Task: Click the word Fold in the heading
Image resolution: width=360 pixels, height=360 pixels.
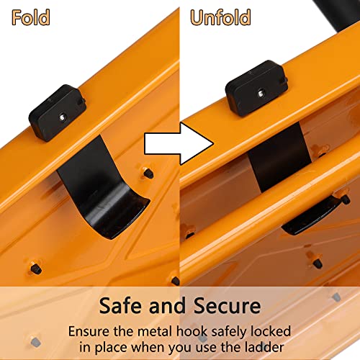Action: pyautogui.click(x=31, y=17)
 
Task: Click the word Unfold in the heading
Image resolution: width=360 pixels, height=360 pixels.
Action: pyautogui.click(x=220, y=17)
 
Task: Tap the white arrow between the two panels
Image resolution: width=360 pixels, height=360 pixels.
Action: pyautogui.click(x=179, y=144)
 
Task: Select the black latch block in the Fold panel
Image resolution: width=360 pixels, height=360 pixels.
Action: pyautogui.click(x=58, y=112)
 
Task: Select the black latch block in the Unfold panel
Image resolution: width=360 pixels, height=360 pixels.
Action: pyautogui.click(x=256, y=88)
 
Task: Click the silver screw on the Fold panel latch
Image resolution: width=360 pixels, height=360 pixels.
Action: pyautogui.click(x=63, y=117)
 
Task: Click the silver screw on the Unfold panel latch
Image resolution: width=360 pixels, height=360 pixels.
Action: pyautogui.click(x=261, y=93)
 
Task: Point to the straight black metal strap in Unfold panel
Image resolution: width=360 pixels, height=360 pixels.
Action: pyautogui.click(x=279, y=157)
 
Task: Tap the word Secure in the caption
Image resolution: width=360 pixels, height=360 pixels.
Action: pyautogui.click(x=227, y=305)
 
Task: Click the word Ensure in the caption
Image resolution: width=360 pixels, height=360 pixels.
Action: pyautogui.click(x=89, y=331)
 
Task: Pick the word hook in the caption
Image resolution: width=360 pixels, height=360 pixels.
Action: pyautogui.click(x=192, y=331)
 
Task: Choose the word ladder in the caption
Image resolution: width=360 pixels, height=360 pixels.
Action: pyautogui.click(x=264, y=347)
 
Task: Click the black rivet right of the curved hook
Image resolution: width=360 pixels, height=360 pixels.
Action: pyautogui.click(x=148, y=174)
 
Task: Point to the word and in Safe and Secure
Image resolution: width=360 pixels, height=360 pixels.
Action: pyautogui.click(x=167, y=305)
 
